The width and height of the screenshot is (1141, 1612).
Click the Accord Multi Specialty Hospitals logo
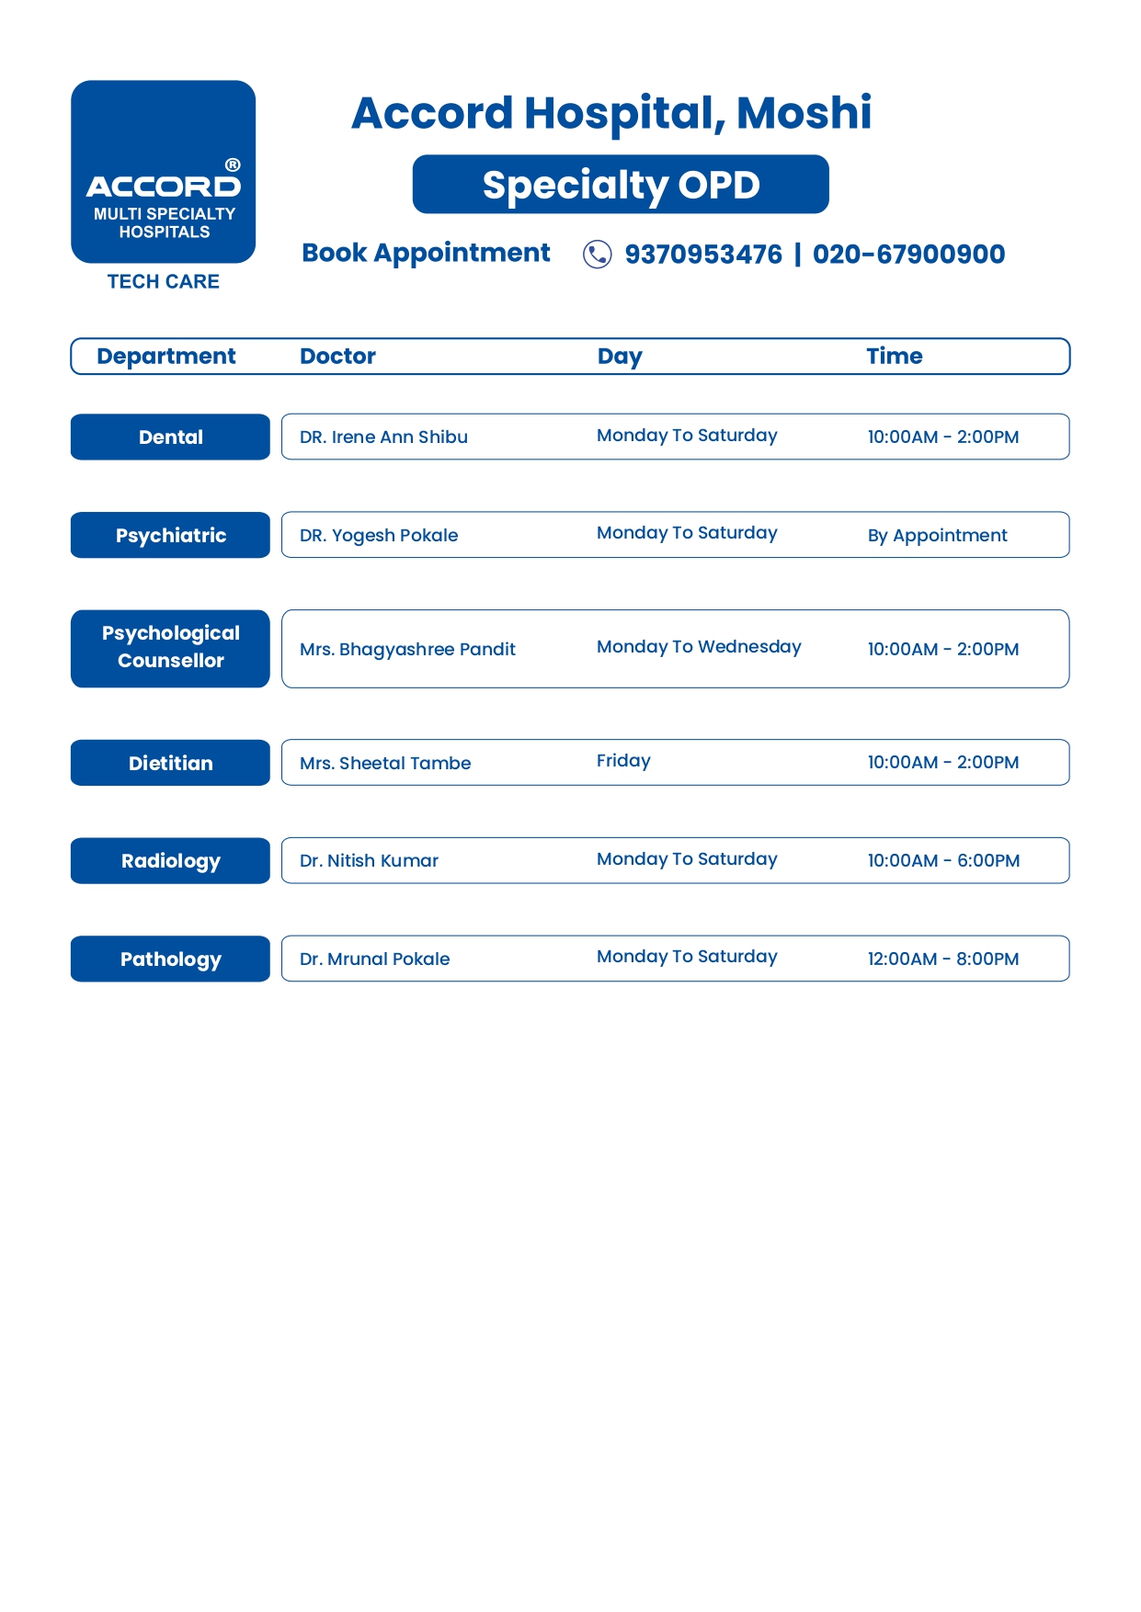click(164, 172)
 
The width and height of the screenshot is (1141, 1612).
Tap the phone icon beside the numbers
click(597, 254)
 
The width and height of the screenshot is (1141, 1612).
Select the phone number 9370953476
click(703, 254)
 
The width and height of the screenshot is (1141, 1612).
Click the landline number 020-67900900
click(908, 254)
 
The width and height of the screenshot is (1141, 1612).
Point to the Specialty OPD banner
click(621, 185)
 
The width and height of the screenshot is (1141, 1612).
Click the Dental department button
click(170, 437)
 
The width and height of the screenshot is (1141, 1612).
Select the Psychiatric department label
click(170, 535)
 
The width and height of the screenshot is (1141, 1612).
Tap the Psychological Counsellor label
click(170, 648)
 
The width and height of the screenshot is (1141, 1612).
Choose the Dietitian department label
click(170, 763)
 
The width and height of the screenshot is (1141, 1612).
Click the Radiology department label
click(170, 860)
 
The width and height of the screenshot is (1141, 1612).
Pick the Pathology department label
click(170, 959)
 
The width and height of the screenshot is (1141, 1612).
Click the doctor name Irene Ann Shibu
click(383, 437)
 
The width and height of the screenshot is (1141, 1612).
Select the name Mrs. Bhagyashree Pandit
click(407, 649)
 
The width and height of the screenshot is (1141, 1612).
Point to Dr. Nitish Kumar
click(369, 860)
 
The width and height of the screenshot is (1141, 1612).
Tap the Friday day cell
click(623, 761)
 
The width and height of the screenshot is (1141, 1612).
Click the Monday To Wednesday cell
click(699, 647)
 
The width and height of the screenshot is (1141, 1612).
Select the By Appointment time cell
click(937, 535)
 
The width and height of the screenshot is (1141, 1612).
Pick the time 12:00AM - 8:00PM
click(943, 959)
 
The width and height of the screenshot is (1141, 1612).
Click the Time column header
click(894, 356)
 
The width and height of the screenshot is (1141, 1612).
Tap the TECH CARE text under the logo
click(164, 281)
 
